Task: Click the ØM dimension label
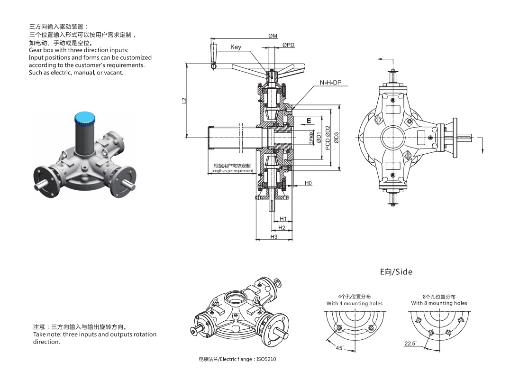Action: (x=273, y=36)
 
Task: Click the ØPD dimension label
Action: (x=288, y=45)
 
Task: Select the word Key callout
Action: (x=236, y=47)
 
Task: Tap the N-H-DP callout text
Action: (x=330, y=83)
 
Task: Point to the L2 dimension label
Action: (x=185, y=101)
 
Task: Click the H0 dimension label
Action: (x=308, y=183)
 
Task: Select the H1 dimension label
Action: (x=283, y=219)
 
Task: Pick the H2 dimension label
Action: (x=282, y=228)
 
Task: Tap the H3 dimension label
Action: (x=274, y=236)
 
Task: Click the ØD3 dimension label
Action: (x=336, y=138)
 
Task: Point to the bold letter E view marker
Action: (x=309, y=121)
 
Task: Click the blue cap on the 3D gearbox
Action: (x=85, y=117)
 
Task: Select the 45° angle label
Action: (x=339, y=348)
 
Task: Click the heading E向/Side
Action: (x=396, y=272)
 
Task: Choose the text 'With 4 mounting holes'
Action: (x=354, y=303)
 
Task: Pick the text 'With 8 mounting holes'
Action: (x=439, y=303)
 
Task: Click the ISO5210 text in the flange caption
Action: (x=266, y=359)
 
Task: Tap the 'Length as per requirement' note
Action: (x=232, y=171)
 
